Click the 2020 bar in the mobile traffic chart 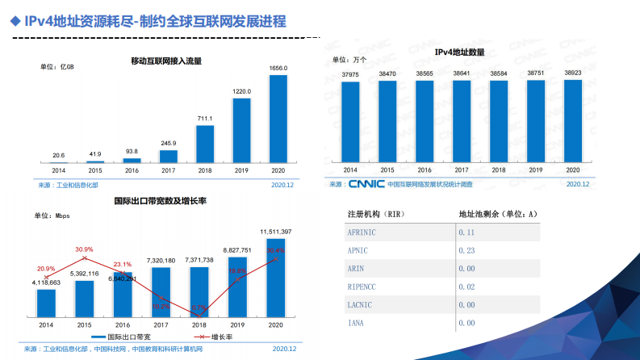point(278,118)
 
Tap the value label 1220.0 point(241,92)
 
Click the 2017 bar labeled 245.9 point(168,157)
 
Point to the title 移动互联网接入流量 point(166,61)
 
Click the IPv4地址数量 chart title point(459,52)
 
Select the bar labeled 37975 point(350,122)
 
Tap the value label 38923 point(572,73)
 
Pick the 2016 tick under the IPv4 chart point(424,170)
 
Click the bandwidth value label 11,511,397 point(276,232)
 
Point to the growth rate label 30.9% point(84,249)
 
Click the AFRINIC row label point(362,232)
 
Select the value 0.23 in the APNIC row point(466,250)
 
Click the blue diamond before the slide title point(14,21)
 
